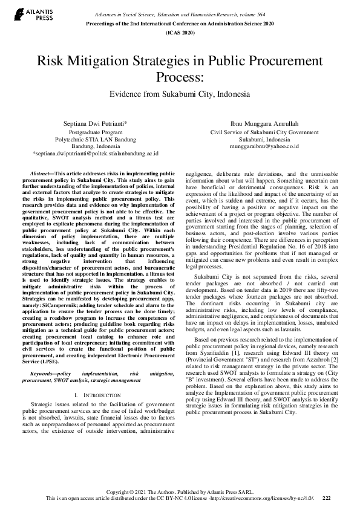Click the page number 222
click(x=327, y=498)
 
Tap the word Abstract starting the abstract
click(x=42, y=173)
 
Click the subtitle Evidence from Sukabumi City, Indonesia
click(x=180, y=95)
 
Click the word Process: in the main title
click(x=180, y=77)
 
